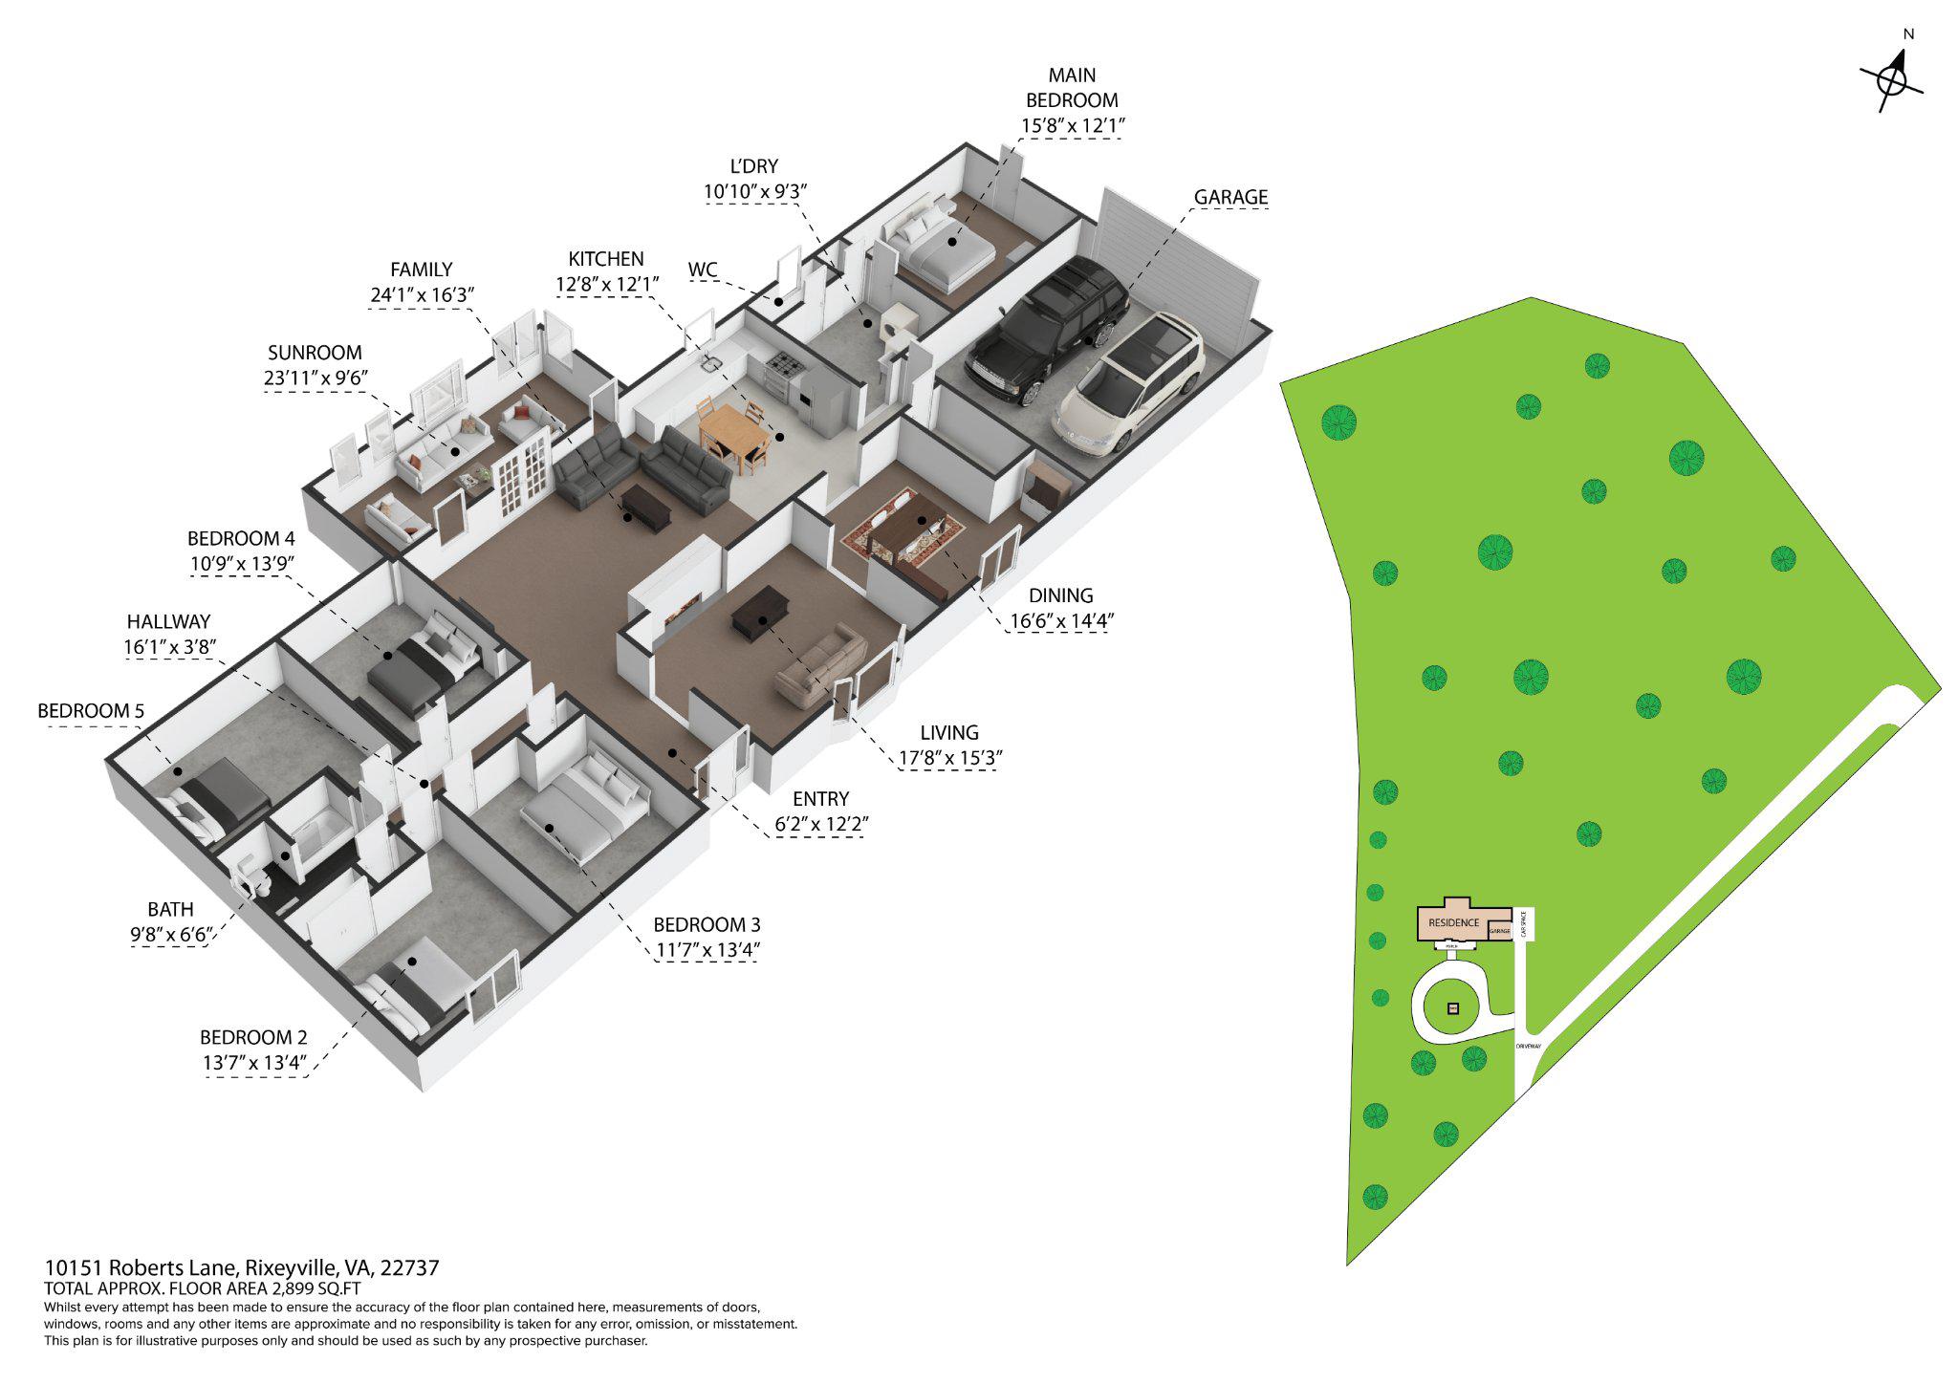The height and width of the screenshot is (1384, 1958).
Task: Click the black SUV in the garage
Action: click(1044, 330)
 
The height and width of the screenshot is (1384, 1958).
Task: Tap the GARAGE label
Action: click(1230, 197)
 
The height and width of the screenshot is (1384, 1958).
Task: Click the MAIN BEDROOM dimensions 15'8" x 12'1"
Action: click(1071, 125)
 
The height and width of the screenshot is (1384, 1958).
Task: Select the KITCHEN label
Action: click(606, 259)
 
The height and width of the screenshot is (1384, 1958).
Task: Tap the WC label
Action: click(703, 270)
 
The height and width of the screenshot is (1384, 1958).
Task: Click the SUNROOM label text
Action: click(315, 353)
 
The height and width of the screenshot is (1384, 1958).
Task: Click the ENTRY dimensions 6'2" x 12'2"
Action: click(820, 823)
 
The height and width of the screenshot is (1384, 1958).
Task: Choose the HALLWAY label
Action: click(166, 621)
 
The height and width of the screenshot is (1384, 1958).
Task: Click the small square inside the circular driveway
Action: click(1454, 1008)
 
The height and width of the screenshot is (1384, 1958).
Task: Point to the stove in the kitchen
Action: click(780, 364)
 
